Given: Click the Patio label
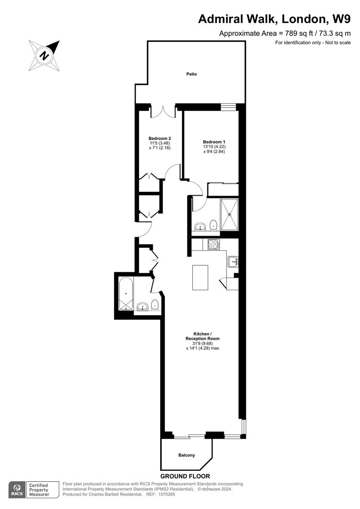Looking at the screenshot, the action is pyautogui.click(x=191, y=74).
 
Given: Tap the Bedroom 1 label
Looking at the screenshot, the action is pyautogui.click(x=214, y=142).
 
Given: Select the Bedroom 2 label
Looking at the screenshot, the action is pyautogui.click(x=160, y=138).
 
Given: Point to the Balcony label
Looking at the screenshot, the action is pyautogui.click(x=187, y=455).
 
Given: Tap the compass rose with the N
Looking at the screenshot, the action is pyautogui.click(x=44, y=56).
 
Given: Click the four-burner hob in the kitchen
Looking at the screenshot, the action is pyautogui.click(x=213, y=244).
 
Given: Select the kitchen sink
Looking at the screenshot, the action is pyautogui.click(x=233, y=262).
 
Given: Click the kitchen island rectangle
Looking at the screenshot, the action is pyautogui.click(x=200, y=277).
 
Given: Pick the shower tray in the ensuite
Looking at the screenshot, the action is pyautogui.click(x=229, y=214).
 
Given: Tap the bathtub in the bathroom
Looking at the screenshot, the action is pyautogui.click(x=126, y=294).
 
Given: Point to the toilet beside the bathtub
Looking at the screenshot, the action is pyautogui.click(x=155, y=305).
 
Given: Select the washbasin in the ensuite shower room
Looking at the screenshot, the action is pyautogui.click(x=200, y=227).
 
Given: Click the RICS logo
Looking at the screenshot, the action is pyautogui.click(x=17, y=490).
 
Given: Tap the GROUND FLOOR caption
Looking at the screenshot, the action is pyautogui.click(x=185, y=476).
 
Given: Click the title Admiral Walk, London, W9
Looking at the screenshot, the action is pyautogui.click(x=274, y=19).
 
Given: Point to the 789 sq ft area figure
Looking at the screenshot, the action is pyautogui.click(x=296, y=33).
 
